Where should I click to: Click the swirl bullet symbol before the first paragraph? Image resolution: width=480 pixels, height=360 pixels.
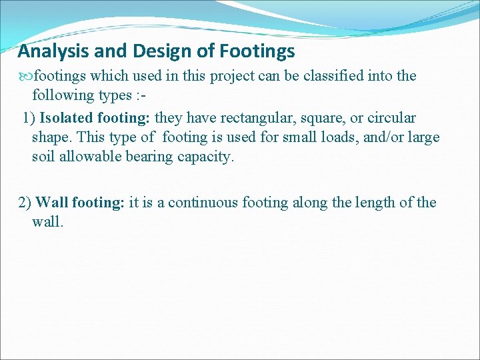pyautogui.click(x=25, y=76)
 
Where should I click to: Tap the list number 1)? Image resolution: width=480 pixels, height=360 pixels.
pyautogui.click(x=29, y=119)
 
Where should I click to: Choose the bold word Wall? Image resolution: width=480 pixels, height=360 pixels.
pyautogui.click(x=52, y=203)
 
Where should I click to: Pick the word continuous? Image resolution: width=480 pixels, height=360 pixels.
pyautogui.click(x=202, y=203)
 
